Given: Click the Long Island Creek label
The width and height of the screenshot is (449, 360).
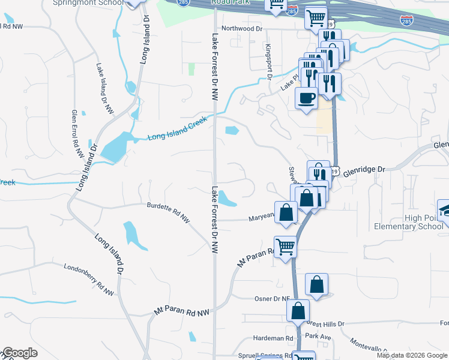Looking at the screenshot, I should coord(178,128).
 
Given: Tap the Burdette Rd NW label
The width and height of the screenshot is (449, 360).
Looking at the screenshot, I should coord(169,212).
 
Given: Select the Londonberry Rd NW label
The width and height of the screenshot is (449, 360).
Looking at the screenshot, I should coord(88,280).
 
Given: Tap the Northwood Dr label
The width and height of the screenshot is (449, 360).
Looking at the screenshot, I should coord(243,28).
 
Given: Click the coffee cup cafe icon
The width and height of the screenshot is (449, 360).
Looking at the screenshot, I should coord(307,97).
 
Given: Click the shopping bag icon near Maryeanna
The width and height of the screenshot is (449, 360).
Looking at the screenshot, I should coord(286,212).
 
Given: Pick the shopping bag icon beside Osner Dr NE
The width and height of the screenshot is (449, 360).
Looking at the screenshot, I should coord(316,284).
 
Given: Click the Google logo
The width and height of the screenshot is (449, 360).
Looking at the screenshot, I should coord(20,353).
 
